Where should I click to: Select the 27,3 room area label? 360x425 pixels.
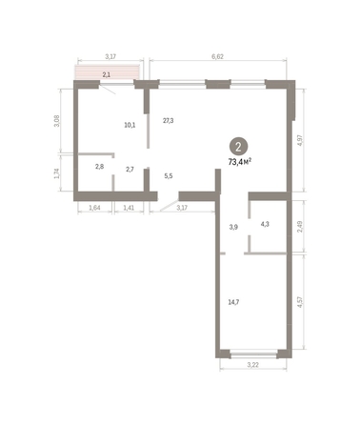point(169,121)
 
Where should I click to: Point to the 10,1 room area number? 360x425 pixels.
point(130,124)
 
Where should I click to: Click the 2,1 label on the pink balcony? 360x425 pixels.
point(107,73)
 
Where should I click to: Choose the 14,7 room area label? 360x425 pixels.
point(233,303)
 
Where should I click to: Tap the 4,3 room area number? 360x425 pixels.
point(265,224)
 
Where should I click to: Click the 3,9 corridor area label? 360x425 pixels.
point(233,227)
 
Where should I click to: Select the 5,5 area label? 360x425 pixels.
point(169,175)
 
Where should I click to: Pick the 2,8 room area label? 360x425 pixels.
point(99,167)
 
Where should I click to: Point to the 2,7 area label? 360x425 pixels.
point(130,169)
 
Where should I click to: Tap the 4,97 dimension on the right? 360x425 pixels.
point(300,138)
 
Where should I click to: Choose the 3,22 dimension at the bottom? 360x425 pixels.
point(251,365)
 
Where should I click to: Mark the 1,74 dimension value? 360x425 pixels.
point(57,173)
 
